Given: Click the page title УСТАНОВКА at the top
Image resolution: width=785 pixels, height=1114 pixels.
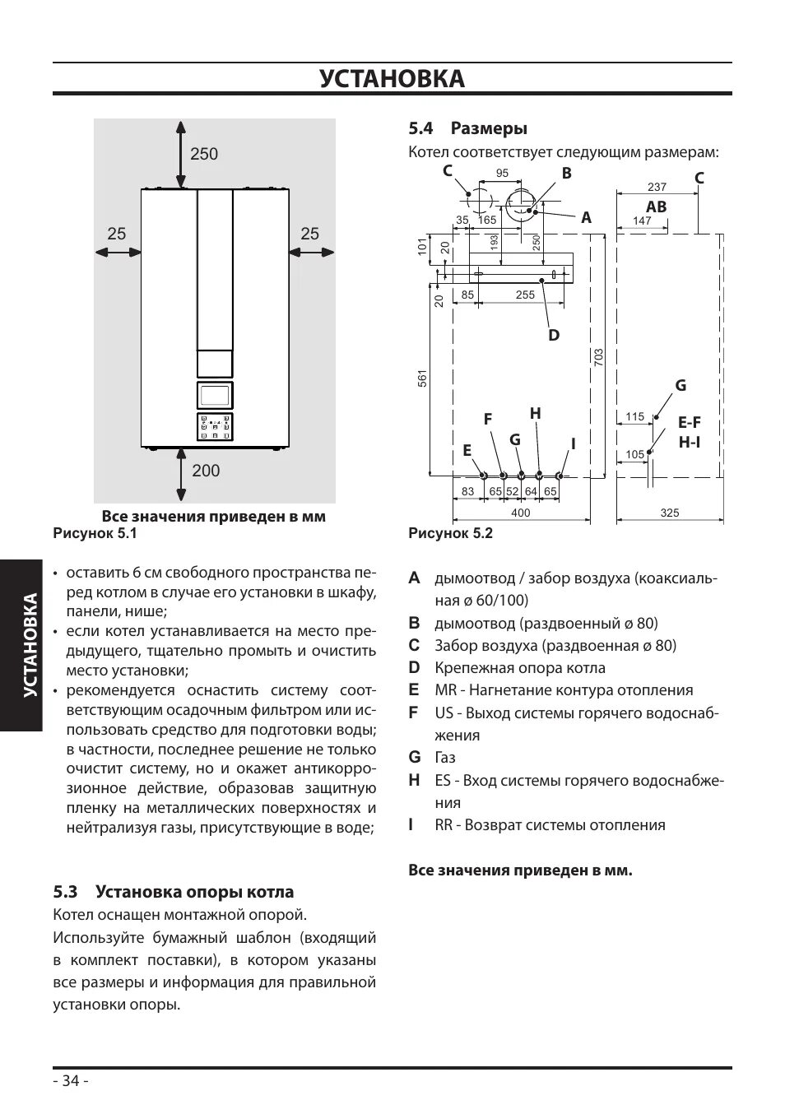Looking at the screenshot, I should tap(392, 79).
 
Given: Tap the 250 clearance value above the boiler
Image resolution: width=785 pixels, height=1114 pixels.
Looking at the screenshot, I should tap(204, 154).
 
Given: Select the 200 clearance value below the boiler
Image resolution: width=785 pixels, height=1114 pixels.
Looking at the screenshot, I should tap(206, 471).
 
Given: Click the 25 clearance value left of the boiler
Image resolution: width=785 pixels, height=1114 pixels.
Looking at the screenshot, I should tap(116, 234).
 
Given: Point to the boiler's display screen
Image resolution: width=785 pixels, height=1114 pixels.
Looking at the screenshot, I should tap(215, 395).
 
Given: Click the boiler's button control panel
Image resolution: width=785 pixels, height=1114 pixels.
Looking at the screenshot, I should tap(215, 426).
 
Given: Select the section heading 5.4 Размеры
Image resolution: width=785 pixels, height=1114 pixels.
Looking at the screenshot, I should tap(467, 128).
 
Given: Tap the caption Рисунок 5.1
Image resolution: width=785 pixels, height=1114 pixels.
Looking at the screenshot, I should tap(95, 533).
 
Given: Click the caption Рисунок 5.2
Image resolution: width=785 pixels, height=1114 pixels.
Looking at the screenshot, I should tap(450, 533).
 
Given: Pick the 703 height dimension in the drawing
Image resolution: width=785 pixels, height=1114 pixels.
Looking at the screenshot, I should tap(598, 357).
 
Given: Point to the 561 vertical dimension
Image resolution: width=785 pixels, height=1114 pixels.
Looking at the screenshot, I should tap(422, 378).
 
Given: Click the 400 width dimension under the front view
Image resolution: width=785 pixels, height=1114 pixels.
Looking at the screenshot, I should tap(521, 513).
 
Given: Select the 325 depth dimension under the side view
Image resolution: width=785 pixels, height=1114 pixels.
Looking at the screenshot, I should tap(670, 513).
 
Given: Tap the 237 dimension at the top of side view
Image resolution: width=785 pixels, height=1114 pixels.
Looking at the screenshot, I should tap(657, 188).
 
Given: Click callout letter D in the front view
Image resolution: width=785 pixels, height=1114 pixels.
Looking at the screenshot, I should tap(554, 335).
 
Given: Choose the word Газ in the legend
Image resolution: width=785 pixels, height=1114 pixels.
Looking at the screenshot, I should tap(445, 758).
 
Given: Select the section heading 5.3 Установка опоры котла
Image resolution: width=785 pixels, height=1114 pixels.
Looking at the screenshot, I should tap(173, 892).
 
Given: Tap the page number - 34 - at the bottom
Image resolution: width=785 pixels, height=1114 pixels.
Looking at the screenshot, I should tap(71, 1081).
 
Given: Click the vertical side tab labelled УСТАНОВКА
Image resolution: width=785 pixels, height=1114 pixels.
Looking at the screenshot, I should tap(30, 644).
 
